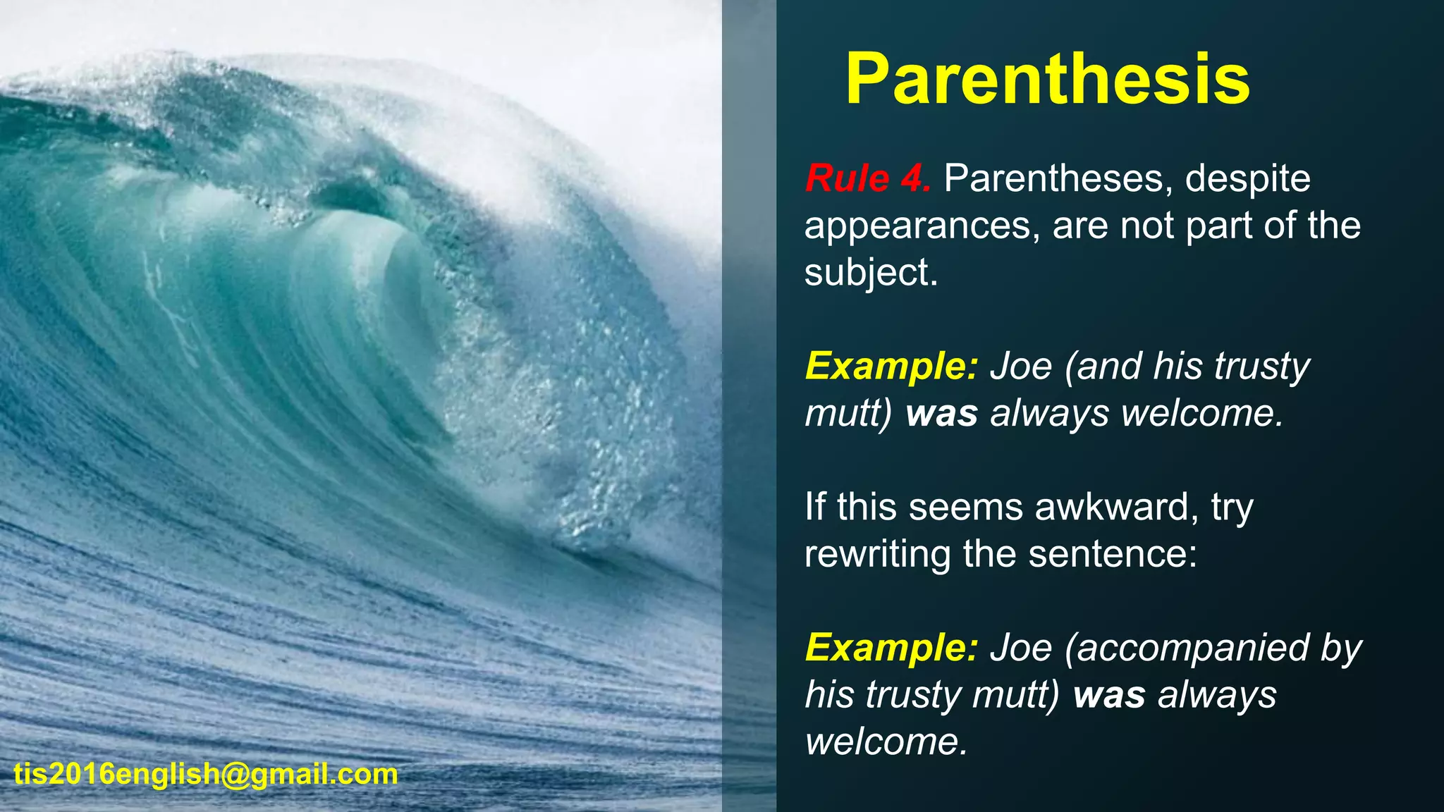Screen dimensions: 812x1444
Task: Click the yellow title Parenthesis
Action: click(1048, 79)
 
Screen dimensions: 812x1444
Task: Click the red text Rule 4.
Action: click(868, 178)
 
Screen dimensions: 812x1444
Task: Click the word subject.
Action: click(871, 273)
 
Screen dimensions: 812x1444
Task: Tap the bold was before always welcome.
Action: click(942, 414)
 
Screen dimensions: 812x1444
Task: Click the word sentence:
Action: click(1113, 554)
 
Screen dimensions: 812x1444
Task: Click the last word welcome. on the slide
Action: click(887, 742)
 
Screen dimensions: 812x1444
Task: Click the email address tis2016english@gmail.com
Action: click(206, 775)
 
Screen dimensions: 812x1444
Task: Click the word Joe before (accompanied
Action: click(1020, 648)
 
